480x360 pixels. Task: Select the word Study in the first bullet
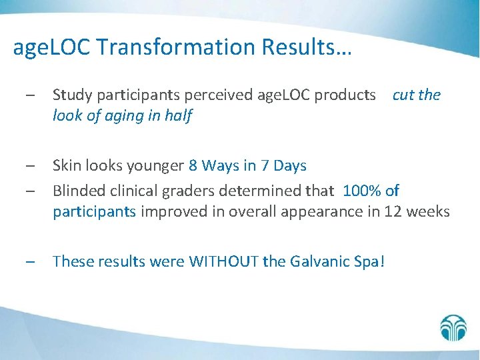[x=71, y=95]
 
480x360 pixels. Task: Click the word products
[x=346, y=95]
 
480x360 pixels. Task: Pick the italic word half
[x=177, y=116]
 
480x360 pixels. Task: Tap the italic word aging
[x=125, y=116]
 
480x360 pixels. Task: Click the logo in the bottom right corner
[x=454, y=327]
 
